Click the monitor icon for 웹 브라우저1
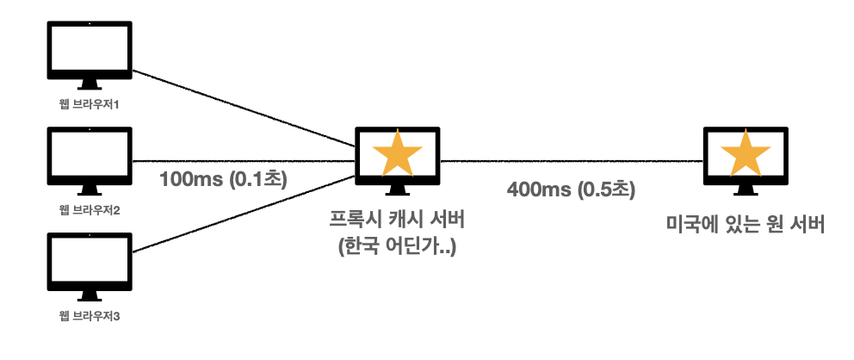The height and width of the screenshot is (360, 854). (x=90, y=53)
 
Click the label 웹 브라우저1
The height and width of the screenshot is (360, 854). (x=90, y=105)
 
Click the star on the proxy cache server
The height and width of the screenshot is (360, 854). (x=398, y=155)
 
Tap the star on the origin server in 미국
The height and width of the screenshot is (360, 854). (x=746, y=155)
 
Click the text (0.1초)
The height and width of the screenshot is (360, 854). (x=257, y=180)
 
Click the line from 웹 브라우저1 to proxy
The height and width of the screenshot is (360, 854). (x=241, y=108)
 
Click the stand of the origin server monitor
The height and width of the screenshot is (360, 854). (x=746, y=195)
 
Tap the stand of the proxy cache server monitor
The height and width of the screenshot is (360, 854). (x=398, y=195)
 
